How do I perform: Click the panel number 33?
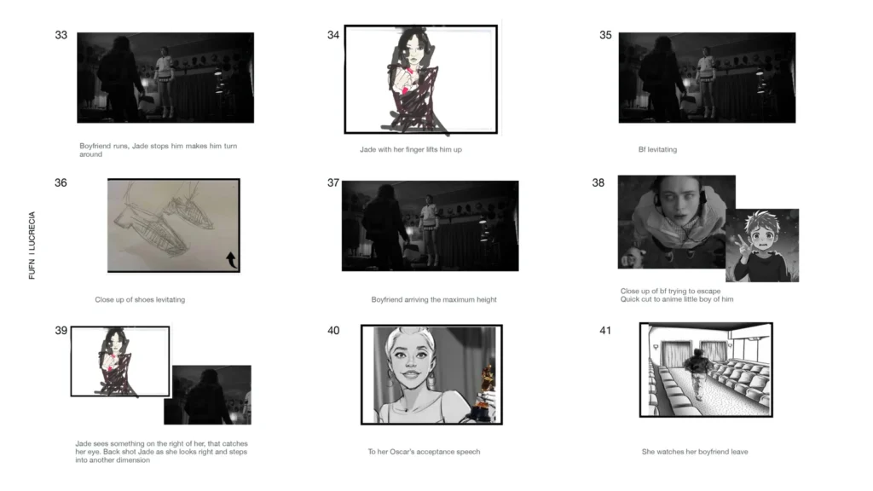coord(61,36)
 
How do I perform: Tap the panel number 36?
coord(61,182)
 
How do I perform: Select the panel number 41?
coord(605,331)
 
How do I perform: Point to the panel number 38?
coord(598,182)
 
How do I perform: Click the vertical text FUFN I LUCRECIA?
coord(33,245)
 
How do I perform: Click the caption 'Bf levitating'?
coord(657,150)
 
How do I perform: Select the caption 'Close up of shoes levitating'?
coord(140,300)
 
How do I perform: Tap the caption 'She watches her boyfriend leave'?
coord(695,452)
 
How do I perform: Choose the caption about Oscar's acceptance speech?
coord(424,452)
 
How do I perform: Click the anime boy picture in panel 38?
coord(762,245)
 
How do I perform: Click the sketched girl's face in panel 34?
coord(414,51)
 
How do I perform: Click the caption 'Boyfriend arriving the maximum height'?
coord(434,300)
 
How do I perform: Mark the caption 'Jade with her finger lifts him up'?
coord(411,150)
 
